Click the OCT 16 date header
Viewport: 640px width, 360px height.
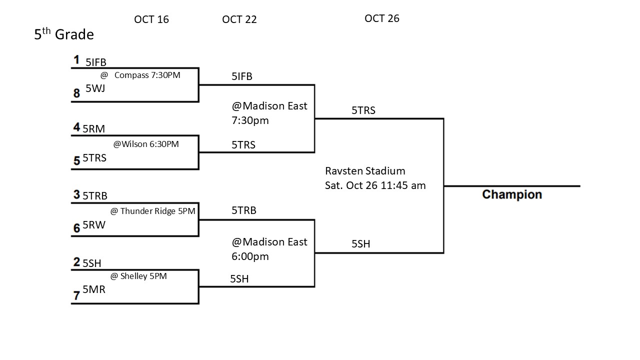tap(151, 19)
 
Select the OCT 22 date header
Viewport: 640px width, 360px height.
tap(239, 19)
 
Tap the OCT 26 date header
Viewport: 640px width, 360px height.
tap(382, 18)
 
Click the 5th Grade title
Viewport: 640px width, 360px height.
tap(64, 34)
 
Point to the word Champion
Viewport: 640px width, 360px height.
tap(511, 194)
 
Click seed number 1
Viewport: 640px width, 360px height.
tap(76, 60)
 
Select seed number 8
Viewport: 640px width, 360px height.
tap(76, 93)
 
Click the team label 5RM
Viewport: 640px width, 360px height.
tap(94, 129)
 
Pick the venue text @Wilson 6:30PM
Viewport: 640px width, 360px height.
tap(146, 144)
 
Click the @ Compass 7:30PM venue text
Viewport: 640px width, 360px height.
tap(140, 75)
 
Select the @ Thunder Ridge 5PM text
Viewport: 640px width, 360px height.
tap(152, 211)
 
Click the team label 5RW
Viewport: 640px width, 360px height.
tap(94, 225)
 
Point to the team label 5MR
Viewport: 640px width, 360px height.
tap(94, 289)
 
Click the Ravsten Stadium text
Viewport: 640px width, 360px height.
tap(358, 171)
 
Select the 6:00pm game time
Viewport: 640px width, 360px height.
tap(250, 256)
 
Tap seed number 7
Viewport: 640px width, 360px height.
tap(76, 296)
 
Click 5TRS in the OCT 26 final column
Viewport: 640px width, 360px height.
tap(363, 110)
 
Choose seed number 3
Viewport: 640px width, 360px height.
tap(76, 195)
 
